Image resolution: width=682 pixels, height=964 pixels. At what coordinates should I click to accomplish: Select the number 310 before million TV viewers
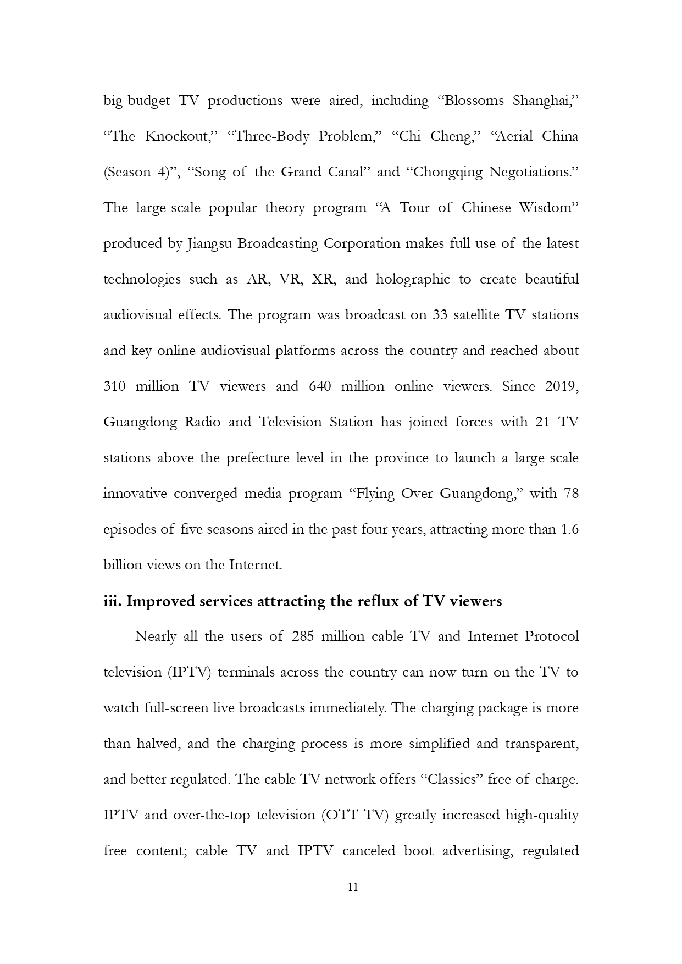tap(114, 387)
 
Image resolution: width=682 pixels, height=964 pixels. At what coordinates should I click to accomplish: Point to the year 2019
tap(561, 387)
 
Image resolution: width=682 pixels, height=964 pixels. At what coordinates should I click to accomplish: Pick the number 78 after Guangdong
tap(571, 494)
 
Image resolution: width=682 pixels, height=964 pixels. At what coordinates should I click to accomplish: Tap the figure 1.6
tap(569, 530)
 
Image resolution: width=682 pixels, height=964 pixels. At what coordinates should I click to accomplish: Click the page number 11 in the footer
tap(353, 888)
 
